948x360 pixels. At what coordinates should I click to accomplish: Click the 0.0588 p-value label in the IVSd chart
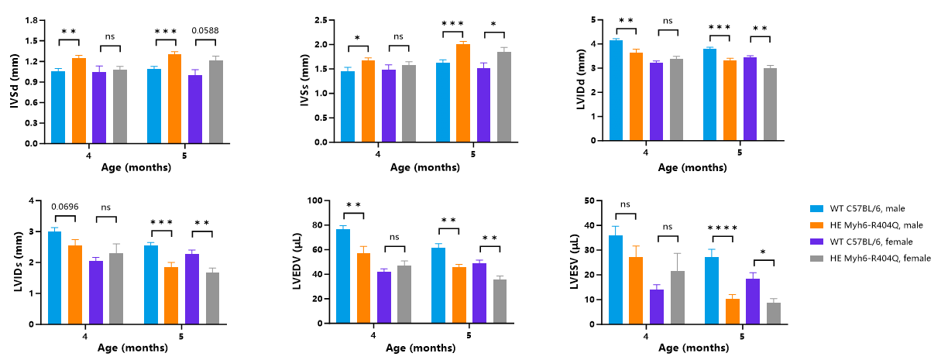pyautogui.click(x=205, y=30)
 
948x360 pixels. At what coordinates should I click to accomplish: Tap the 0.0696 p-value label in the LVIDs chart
pyautogui.click(x=65, y=207)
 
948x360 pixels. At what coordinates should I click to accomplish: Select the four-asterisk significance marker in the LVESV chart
pyautogui.click(x=723, y=228)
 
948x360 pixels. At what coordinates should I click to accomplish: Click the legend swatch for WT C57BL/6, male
pyautogui.click(x=816, y=208)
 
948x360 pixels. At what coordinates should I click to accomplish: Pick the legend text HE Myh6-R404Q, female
pyautogui.click(x=881, y=258)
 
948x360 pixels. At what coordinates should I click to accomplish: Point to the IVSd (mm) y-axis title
pyautogui.click(x=15, y=81)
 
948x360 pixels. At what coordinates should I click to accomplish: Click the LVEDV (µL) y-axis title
pyautogui.click(x=297, y=261)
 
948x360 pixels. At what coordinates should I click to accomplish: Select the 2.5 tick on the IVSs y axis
pyautogui.click(x=321, y=20)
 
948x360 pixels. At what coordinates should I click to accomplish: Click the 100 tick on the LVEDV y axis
pyautogui.click(x=315, y=201)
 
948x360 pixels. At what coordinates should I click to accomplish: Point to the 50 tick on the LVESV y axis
pyautogui.click(x=589, y=201)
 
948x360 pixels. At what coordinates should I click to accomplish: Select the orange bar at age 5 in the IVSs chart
pyautogui.click(x=463, y=93)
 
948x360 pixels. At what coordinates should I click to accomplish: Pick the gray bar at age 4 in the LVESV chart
pyautogui.click(x=678, y=298)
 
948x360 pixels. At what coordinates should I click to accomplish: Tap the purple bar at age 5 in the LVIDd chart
pyautogui.click(x=750, y=99)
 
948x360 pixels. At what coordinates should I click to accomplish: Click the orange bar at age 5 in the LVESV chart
pyautogui.click(x=733, y=312)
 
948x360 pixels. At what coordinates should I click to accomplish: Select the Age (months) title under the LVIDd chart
pyautogui.click(x=692, y=167)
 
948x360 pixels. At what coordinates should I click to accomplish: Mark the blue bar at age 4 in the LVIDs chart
pyautogui.click(x=54, y=278)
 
